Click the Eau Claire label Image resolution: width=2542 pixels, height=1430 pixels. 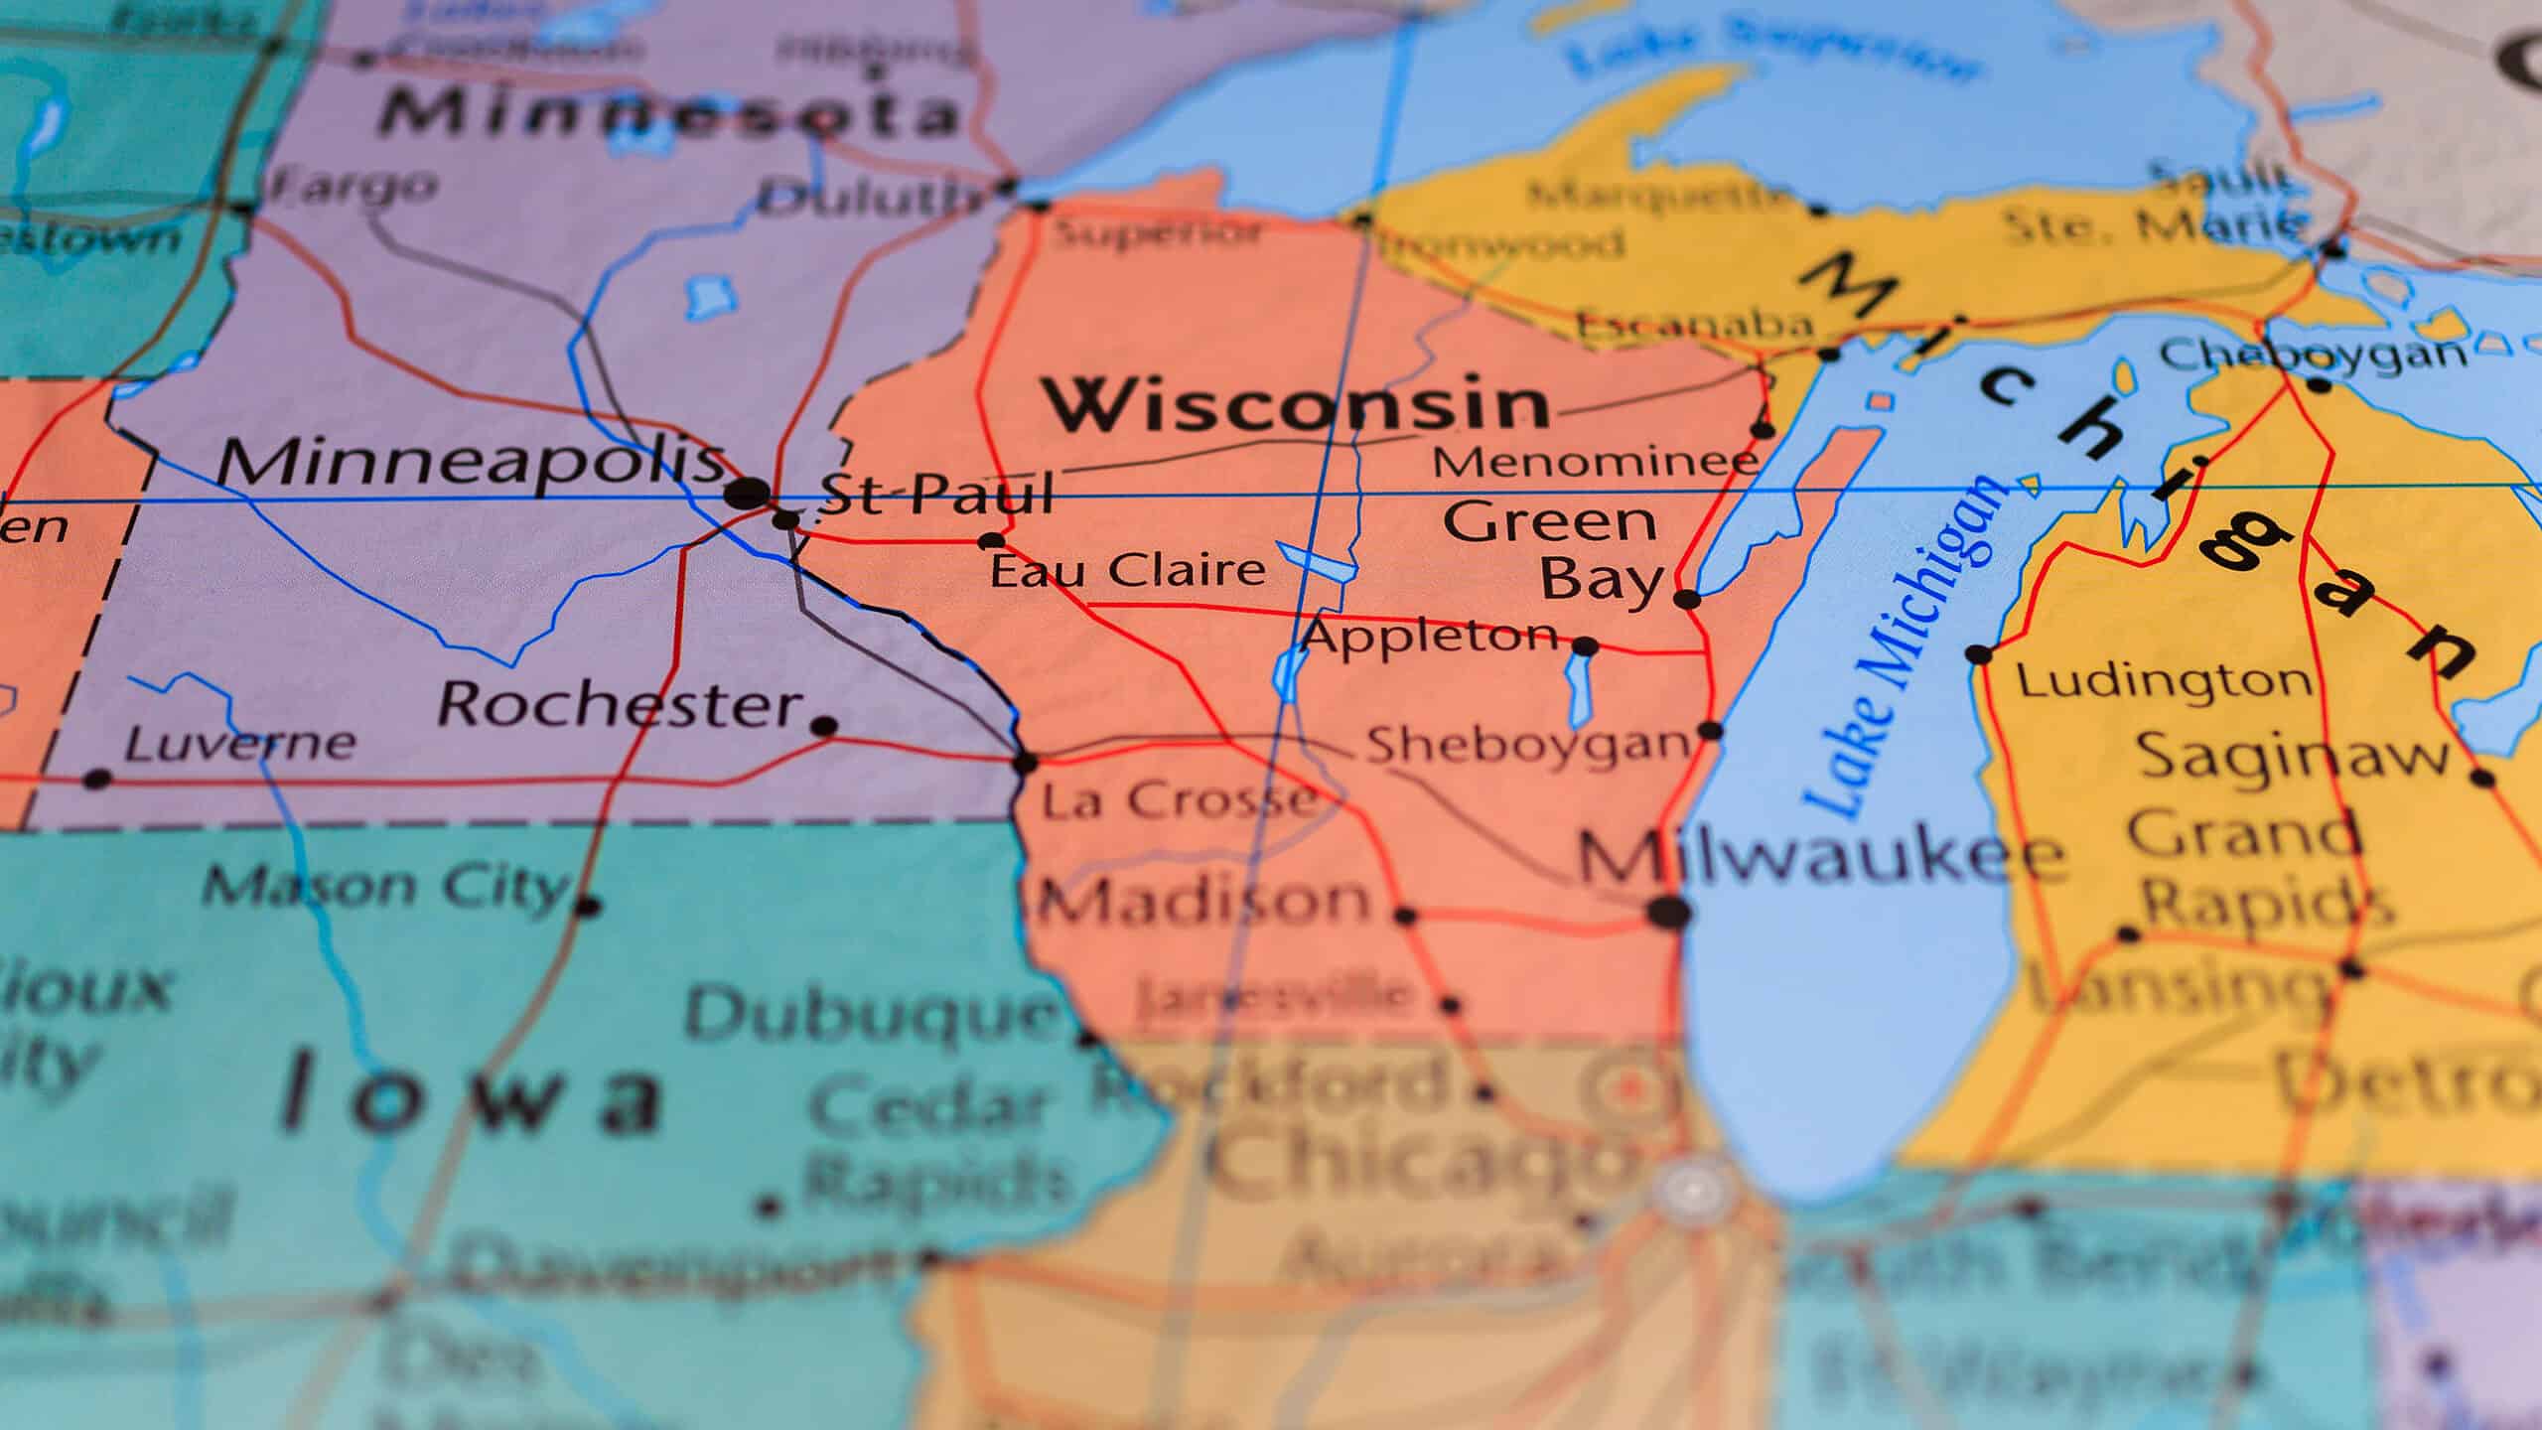pos(1128,571)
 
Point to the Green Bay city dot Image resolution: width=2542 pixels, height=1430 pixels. pos(1686,599)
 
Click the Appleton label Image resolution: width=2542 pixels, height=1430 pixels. pos(1430,636)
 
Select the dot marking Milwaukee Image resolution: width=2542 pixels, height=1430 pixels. pos(1668,912)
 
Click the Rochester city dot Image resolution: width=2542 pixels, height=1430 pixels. pos(823,726)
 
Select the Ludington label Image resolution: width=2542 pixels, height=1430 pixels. pos(2165,681)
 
